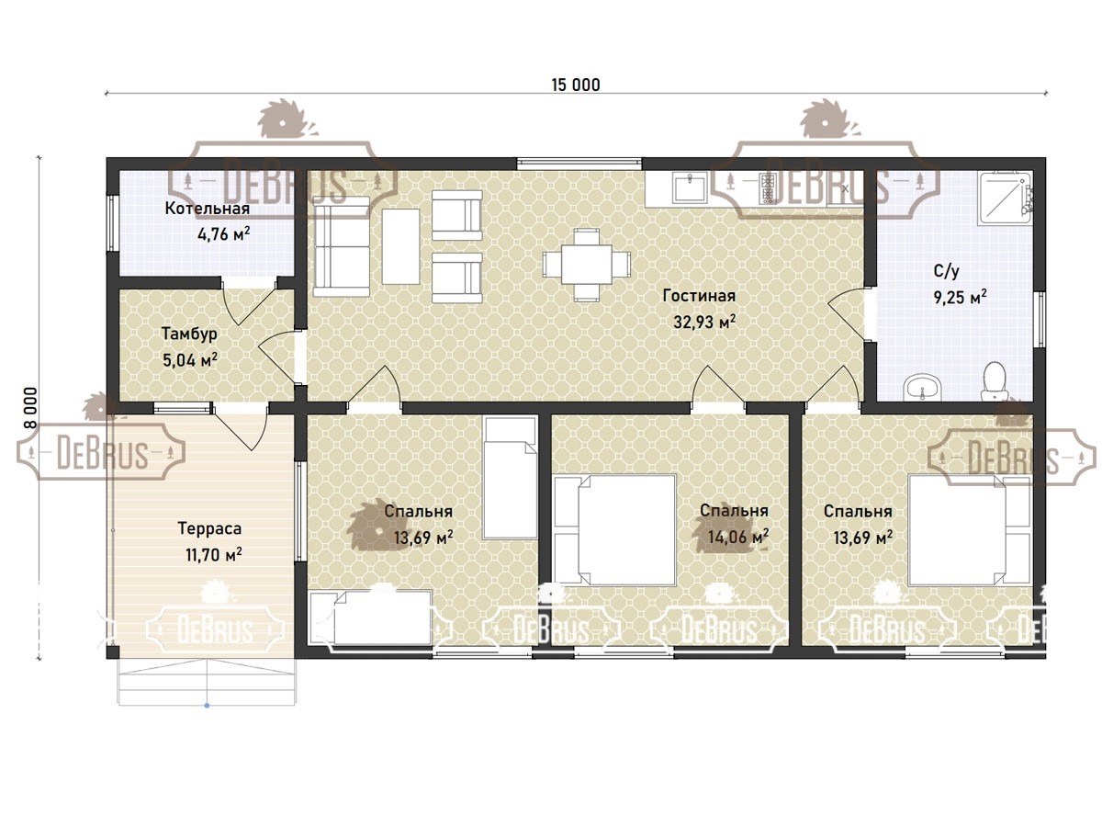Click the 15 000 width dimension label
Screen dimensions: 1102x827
click(576, 85)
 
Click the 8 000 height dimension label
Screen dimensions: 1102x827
click(30, 407)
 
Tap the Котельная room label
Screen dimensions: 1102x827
click(207, 208)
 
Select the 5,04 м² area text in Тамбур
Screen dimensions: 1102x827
click(190, 359)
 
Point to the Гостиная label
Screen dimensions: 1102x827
click(699, 295)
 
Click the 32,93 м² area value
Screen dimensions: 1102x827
click(704, 322)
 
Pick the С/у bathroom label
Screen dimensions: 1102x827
click(947, 271)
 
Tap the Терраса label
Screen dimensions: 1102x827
click(209, 528)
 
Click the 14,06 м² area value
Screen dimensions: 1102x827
click(738, 537)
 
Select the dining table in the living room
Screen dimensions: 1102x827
click(587, 265)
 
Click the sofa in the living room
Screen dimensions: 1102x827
click(342, 246)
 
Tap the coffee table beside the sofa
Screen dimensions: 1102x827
click(400, 246)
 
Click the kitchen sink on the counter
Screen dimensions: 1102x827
click(690, 187)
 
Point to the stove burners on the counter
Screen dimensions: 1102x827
click(768, 187)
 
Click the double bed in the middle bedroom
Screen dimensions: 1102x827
click(614, 530)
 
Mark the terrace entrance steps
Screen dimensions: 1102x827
click(207, 682)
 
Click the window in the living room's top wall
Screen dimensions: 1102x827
click(579, 164)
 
